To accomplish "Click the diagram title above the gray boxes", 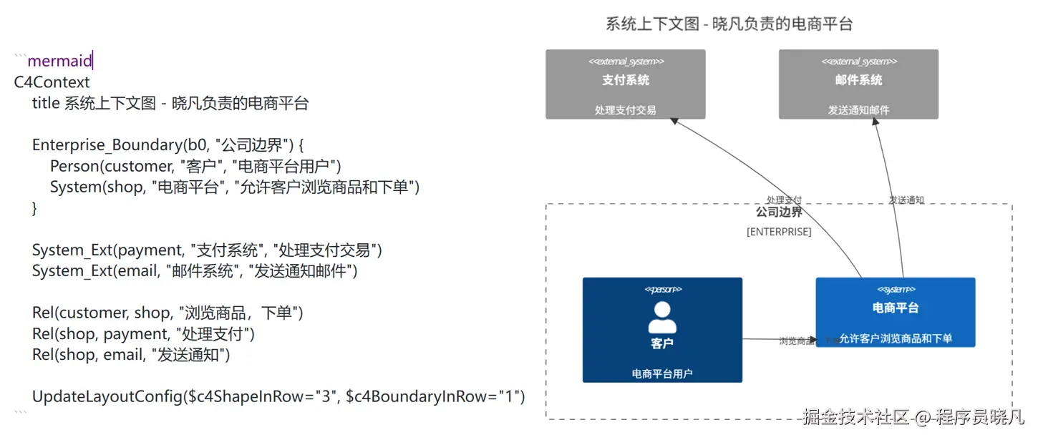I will coord(729,24).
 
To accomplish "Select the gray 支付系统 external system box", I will coord(625,84).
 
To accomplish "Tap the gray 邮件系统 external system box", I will coord(858,84).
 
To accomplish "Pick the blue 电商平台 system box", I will coord(895,313).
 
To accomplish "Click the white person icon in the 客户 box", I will coord(662,317).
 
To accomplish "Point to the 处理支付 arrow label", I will coord(784,200).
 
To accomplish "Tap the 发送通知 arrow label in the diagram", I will coord(906,200).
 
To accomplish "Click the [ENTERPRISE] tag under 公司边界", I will coord(779,232).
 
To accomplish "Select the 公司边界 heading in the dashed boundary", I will coord(779,212).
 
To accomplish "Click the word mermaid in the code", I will coord(59,62).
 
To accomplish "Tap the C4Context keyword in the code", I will coord(52,82).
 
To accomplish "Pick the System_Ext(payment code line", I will coord(207,250).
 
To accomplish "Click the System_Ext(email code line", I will coord(194,271).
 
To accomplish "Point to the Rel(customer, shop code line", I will coord(168,313).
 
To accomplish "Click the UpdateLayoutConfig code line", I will coord(278,396).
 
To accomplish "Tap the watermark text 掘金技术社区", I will coord(855,416).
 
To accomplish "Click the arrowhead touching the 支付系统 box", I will coord(674,122).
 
